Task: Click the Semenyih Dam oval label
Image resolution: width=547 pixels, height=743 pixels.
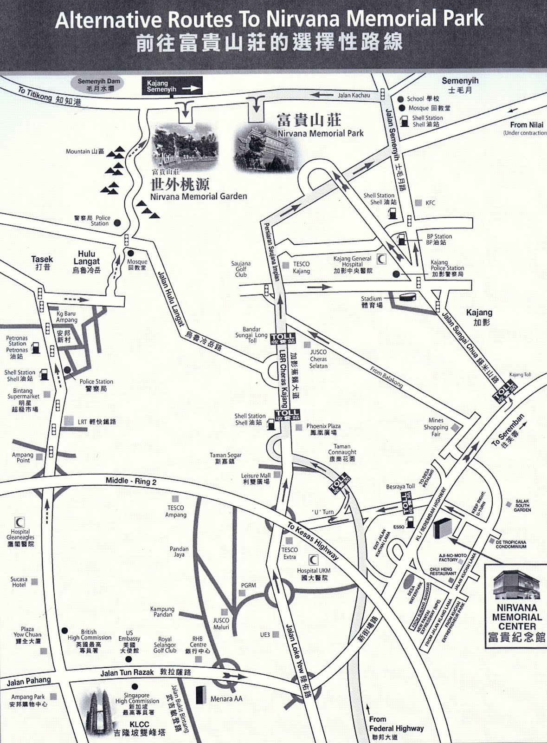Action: [98, 84]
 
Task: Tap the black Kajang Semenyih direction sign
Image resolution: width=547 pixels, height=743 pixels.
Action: [172, 86]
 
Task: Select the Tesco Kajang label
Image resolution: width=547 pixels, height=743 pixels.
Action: [301, 267]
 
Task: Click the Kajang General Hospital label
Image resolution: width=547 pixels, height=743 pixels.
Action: [352, 264]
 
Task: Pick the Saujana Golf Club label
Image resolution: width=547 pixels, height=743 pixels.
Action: [241, 269]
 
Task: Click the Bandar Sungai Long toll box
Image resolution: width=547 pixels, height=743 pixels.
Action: [283, 339]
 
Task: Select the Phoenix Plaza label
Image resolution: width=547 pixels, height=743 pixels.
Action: [323, 429]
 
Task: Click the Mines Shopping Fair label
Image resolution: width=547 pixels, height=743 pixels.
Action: [436, 427]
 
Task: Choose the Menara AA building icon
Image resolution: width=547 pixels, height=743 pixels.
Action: [200, 695]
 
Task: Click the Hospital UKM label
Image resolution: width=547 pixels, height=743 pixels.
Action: [314, 574]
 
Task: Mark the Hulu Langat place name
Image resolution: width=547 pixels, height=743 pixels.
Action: [86, 261]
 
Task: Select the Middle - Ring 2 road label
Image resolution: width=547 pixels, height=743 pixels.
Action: [131, 481]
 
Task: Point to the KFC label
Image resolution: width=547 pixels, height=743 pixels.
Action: [430, 203]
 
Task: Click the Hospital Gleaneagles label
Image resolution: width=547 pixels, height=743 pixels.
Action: [20, 537]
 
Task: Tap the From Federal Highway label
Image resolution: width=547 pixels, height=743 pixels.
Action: [396, 728]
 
